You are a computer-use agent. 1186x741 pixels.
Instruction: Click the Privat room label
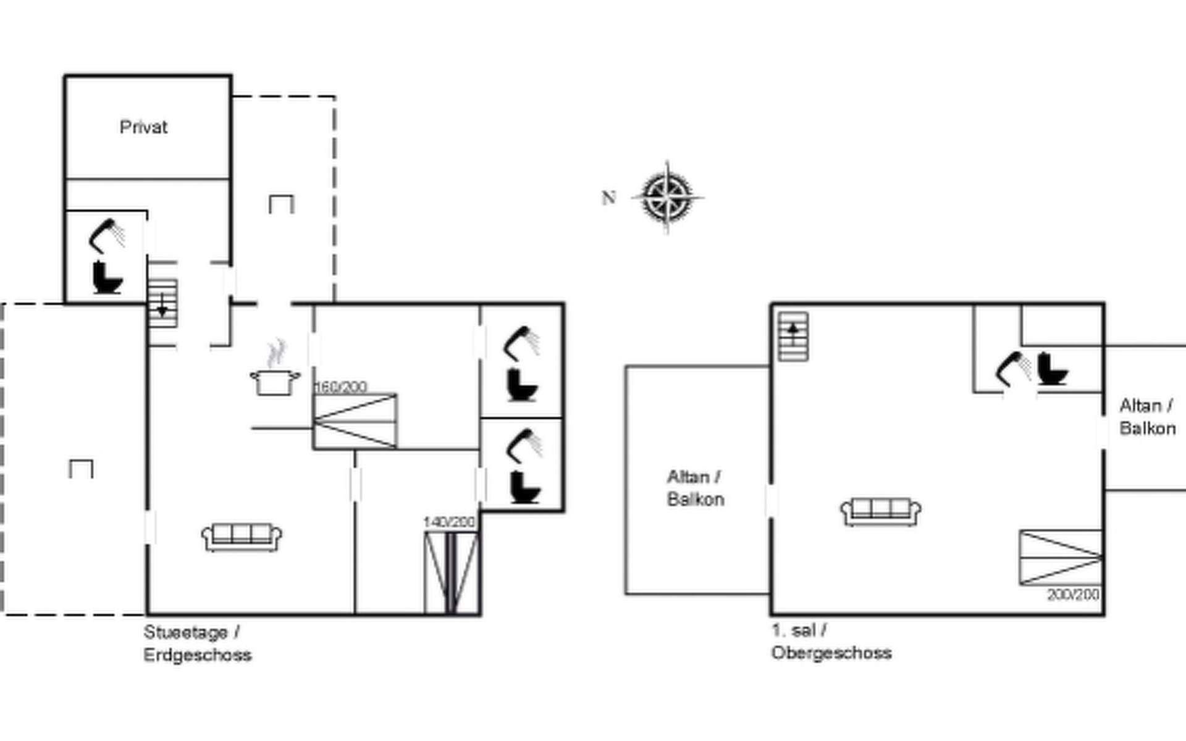[x=143, y=127]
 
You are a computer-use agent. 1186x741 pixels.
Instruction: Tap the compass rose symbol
[x=667, y=197]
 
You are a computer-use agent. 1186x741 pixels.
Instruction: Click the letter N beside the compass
[x=608, y=198]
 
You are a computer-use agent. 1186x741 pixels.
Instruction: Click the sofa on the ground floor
[x=242, y=536]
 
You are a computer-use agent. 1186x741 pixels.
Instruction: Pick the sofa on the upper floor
[x=880, y=511]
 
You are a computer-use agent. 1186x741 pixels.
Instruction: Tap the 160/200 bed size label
[x=340, y=387]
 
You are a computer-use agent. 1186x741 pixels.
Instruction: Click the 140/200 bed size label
[x=449, y=522]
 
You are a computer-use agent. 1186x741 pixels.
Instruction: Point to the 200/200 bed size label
[x=1073, y=594]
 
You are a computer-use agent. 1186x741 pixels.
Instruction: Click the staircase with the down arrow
[x=163, y=303]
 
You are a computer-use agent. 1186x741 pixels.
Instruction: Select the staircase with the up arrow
[x=793, y=336]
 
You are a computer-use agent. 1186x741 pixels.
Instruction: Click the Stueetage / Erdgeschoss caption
[x=197, y=643]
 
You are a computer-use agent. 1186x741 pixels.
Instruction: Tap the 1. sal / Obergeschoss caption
[x=831, y=642]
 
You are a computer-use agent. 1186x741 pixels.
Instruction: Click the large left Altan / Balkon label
[x=696, y=488]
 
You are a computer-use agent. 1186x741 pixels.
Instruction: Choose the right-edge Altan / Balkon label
[x=1147, y=417]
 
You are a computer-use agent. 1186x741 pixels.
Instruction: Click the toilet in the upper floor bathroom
[x=1052, y=369]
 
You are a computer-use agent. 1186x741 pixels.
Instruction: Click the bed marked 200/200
[x=1061, y=557]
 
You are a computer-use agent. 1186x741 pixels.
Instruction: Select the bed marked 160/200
[x=355, y=421]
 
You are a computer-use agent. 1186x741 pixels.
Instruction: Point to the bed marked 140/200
[x=452, y=573]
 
